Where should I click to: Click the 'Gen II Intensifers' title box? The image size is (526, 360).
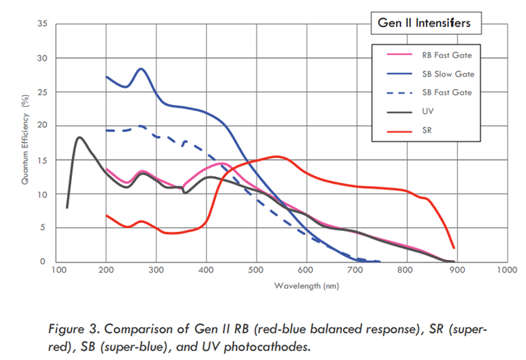tap(425, 23)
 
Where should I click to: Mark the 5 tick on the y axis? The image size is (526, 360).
tap(43, 228)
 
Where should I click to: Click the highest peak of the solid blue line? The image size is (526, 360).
tap(141, 69)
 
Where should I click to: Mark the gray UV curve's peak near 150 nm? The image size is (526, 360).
tap(80, 137)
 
